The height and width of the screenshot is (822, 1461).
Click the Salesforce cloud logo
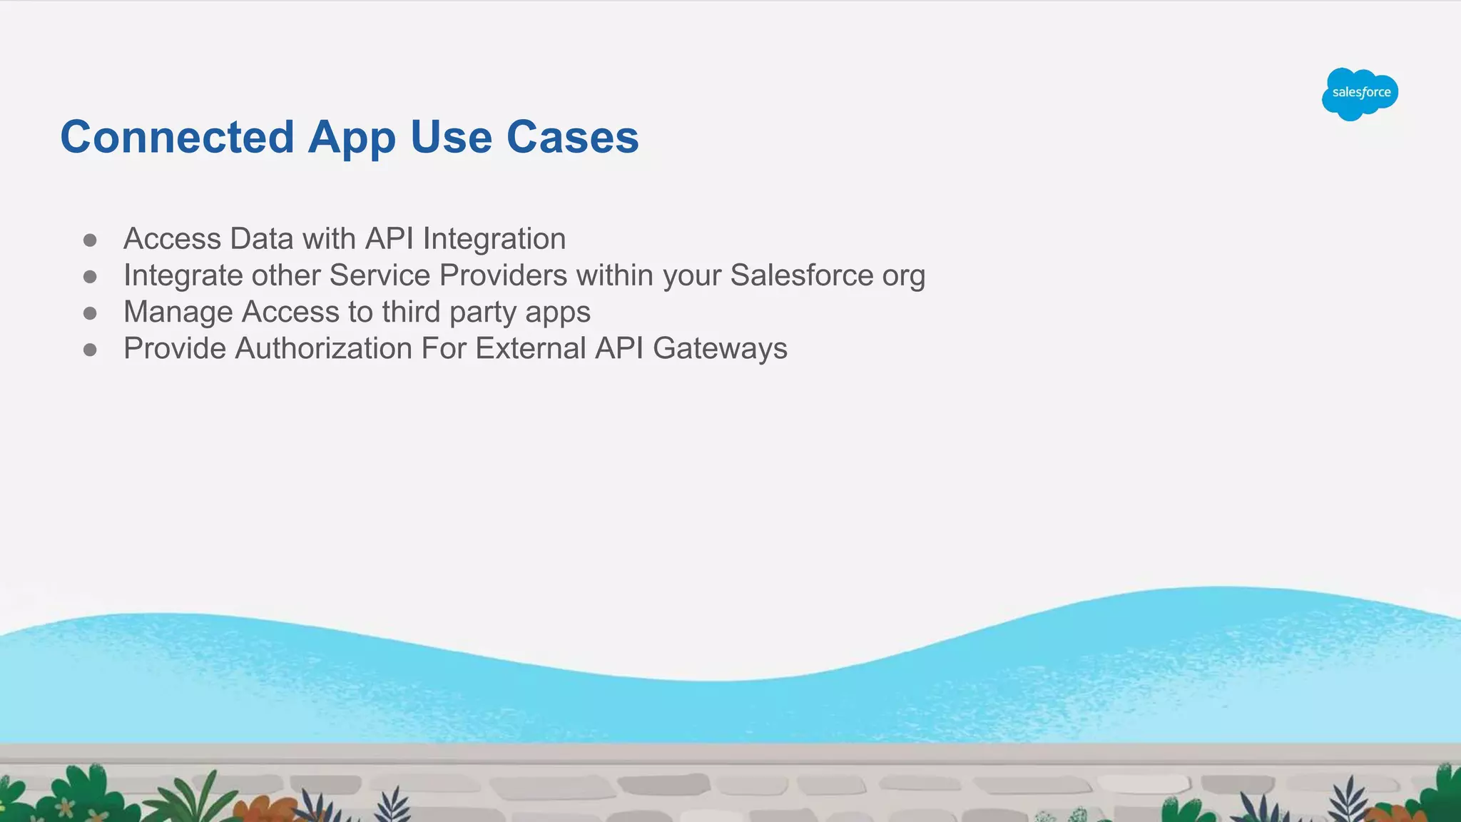pyautogui.click(x=1360, y=93)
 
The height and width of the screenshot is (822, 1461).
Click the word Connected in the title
pyautogui.click(x=177, y=137)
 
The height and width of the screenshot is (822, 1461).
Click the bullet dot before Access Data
pyautogui.click(x=90, y=240)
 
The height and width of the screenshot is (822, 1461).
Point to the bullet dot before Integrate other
pyautogui.click(x=90, y=276)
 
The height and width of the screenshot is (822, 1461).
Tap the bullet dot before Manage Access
pyautogui.click(x=90, y=313)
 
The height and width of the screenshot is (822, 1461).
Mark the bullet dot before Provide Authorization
pyautogui.click(x=90, y=350)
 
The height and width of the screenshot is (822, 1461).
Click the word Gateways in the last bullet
pyautogui.click(x=720, y=349)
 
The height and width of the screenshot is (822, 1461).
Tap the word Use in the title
pyautogui.click(x=451, y=137)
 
